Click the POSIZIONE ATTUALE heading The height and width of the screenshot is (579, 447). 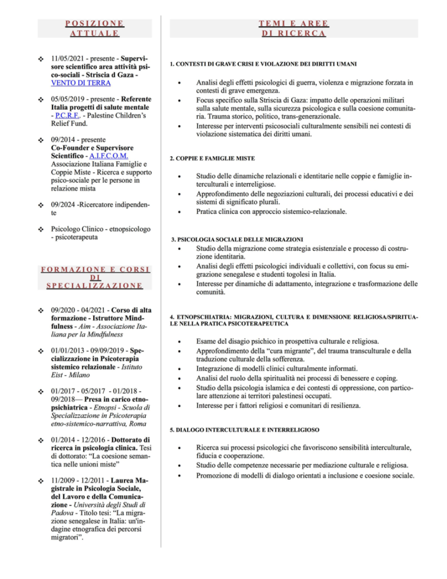(x=95, y=28)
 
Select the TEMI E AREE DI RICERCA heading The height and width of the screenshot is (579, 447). (x=293, y=28)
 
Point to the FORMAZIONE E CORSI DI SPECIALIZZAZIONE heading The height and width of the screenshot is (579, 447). (x=95, y=278)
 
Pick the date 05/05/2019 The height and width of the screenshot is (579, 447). (x=69, y=99)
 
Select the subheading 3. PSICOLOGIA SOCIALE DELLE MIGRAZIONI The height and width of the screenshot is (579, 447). (x=238, y=239)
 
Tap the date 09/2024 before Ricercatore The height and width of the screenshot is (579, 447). (x=62, y=205)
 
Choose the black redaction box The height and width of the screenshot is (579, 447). (x=335, y=560)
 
